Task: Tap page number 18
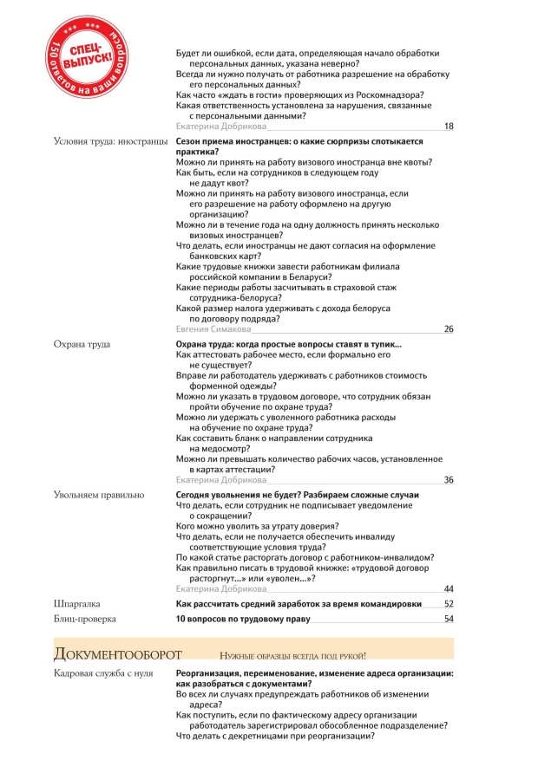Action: [x=448, y=127]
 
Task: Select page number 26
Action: [x=448, y=329]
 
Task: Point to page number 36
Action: [x=448, y=479]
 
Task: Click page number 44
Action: [x=448, y=588]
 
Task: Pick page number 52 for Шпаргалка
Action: [x=449, y=604]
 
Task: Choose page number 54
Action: [x=449, y=620]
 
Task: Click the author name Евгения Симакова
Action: [x=213, y=329]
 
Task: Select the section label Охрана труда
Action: [x=82, y=345]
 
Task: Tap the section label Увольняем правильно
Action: [x=98, y=495]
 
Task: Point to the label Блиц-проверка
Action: [x=85, y=620]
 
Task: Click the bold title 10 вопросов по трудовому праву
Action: [x=243, y=620]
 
